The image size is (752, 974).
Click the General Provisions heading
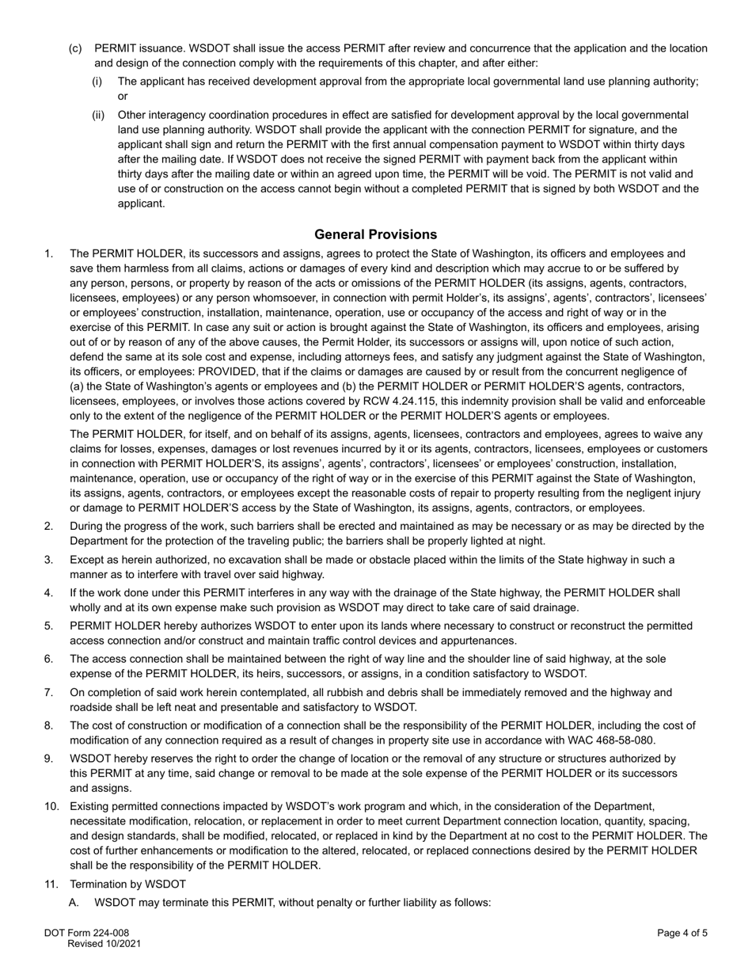click(375, 234)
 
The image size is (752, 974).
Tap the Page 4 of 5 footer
click(682, 933)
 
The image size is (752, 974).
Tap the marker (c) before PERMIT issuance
click(75, 48)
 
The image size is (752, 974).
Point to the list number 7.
click(49, 693)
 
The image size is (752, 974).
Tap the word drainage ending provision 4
click(555, 607)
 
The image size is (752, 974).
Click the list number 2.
click(49, 527)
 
